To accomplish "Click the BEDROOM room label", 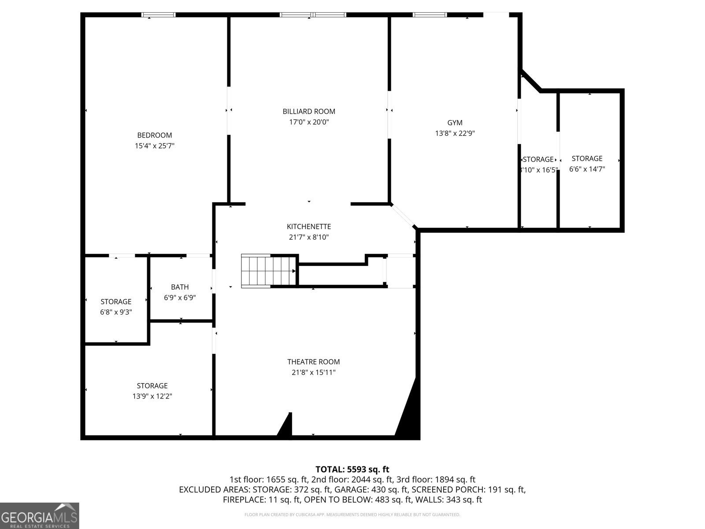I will coord(154,135).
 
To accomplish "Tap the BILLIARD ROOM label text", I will coord(309,112).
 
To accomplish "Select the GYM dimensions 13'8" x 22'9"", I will coord(455,133).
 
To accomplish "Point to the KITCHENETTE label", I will coord(308,227).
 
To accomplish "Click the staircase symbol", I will coord(268,271).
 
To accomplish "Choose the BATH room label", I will coord(180,287).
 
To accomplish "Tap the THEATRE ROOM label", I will coord(313,362).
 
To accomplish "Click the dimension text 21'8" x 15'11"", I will coord(313,373).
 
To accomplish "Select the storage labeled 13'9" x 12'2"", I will coord(152,391).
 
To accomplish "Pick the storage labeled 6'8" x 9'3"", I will coord(116,307).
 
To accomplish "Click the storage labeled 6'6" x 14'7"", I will coord(587,164).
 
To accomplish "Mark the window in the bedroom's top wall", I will coord(158,15).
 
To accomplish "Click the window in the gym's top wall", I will coord(430,15).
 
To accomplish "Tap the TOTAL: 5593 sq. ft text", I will coord(352,469).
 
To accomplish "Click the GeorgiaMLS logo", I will coord(40,516).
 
